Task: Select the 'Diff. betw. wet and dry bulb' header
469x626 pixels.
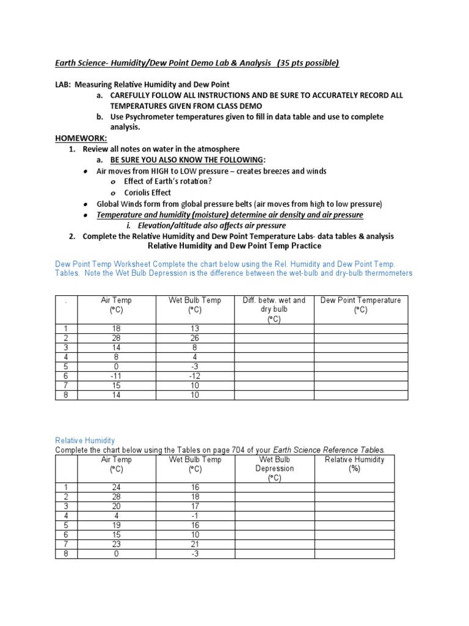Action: (x=274, y=309)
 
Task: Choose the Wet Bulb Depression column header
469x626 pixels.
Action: (x=274, y=468)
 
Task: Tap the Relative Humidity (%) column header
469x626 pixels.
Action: (x=354, y=464)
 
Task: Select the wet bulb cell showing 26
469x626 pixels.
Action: (x=195, y=339)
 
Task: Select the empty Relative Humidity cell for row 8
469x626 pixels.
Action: (x=354, y=554)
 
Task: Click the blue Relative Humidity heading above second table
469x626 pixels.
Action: (x=85, y=440)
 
